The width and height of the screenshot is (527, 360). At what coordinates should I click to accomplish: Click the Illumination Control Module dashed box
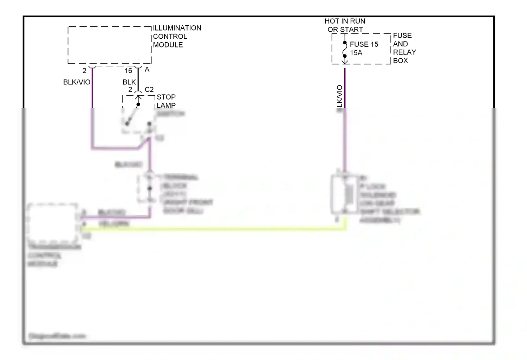(109, 45)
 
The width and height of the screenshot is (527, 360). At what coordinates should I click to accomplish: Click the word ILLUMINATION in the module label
(177, 28)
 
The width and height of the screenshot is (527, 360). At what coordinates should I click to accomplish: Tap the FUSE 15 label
(364, 44)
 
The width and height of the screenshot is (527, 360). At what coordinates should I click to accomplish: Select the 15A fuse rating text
(356, 53)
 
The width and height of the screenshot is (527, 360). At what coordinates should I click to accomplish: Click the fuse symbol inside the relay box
(345, 50)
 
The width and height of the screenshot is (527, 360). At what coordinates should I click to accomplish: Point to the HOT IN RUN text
(345, 21)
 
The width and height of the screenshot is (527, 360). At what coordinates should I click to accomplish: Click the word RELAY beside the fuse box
(404, 52)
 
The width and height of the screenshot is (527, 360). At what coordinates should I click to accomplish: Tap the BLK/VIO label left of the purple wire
(77, 82)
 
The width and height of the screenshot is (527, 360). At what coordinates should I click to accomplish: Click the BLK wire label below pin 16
(129, 82)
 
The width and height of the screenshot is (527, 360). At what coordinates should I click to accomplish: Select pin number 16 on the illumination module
(128, 71)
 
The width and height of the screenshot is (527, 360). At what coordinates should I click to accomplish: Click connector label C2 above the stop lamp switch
(149, 90)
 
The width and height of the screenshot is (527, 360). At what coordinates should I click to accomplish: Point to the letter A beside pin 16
(147, 70)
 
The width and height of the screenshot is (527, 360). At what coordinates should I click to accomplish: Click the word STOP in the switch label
(166, 97)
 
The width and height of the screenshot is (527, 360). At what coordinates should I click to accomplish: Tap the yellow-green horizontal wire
(211, 229)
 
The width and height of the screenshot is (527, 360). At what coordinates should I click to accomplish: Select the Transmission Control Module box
(53, 223)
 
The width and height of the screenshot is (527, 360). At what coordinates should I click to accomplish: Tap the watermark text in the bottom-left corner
(57, 336)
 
